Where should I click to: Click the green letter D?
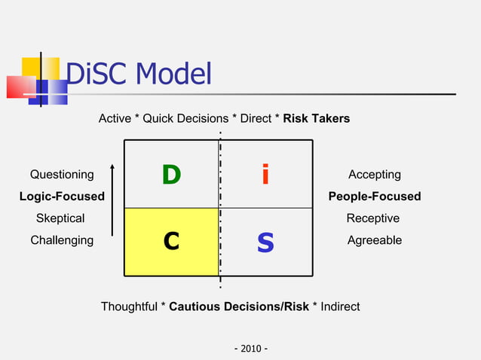(171, 175)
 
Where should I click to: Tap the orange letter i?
(265, 175)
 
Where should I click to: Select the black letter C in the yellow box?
(172, 241)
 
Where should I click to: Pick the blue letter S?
(265, 242)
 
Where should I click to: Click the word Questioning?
(62, 175)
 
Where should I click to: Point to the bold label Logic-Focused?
(62, 197)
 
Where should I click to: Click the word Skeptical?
(60, 218)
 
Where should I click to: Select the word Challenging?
(62, 240)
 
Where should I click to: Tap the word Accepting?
(374, 175)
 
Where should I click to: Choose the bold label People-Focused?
(374, 197)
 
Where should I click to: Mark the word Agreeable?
(374, 240)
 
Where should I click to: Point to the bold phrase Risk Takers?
(316, 119)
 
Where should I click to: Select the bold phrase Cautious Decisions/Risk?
(239, 307)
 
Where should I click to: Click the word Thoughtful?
(130, 307)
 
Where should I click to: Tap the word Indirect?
(340, 307)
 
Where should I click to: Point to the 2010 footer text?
(252, 349)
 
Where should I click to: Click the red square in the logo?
(20, 87)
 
